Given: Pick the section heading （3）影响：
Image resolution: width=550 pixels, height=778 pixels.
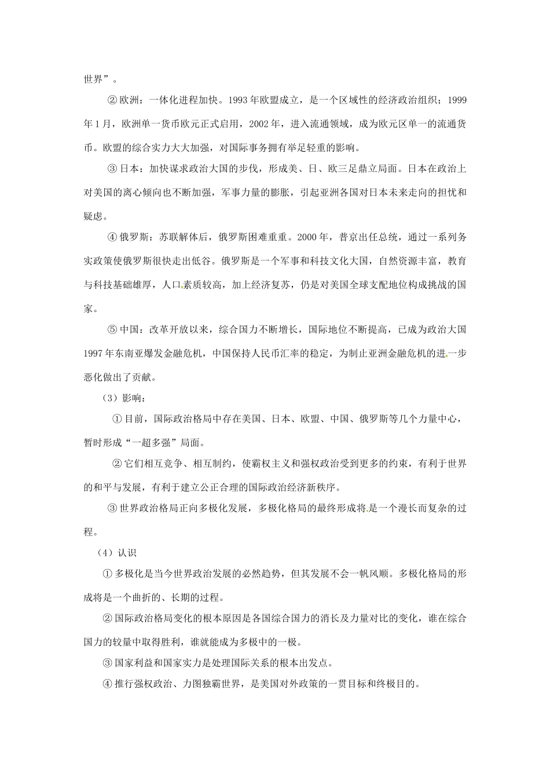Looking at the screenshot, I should click(x=119, y=398).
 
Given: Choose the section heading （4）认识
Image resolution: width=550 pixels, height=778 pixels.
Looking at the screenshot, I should click(x=116, y=553).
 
